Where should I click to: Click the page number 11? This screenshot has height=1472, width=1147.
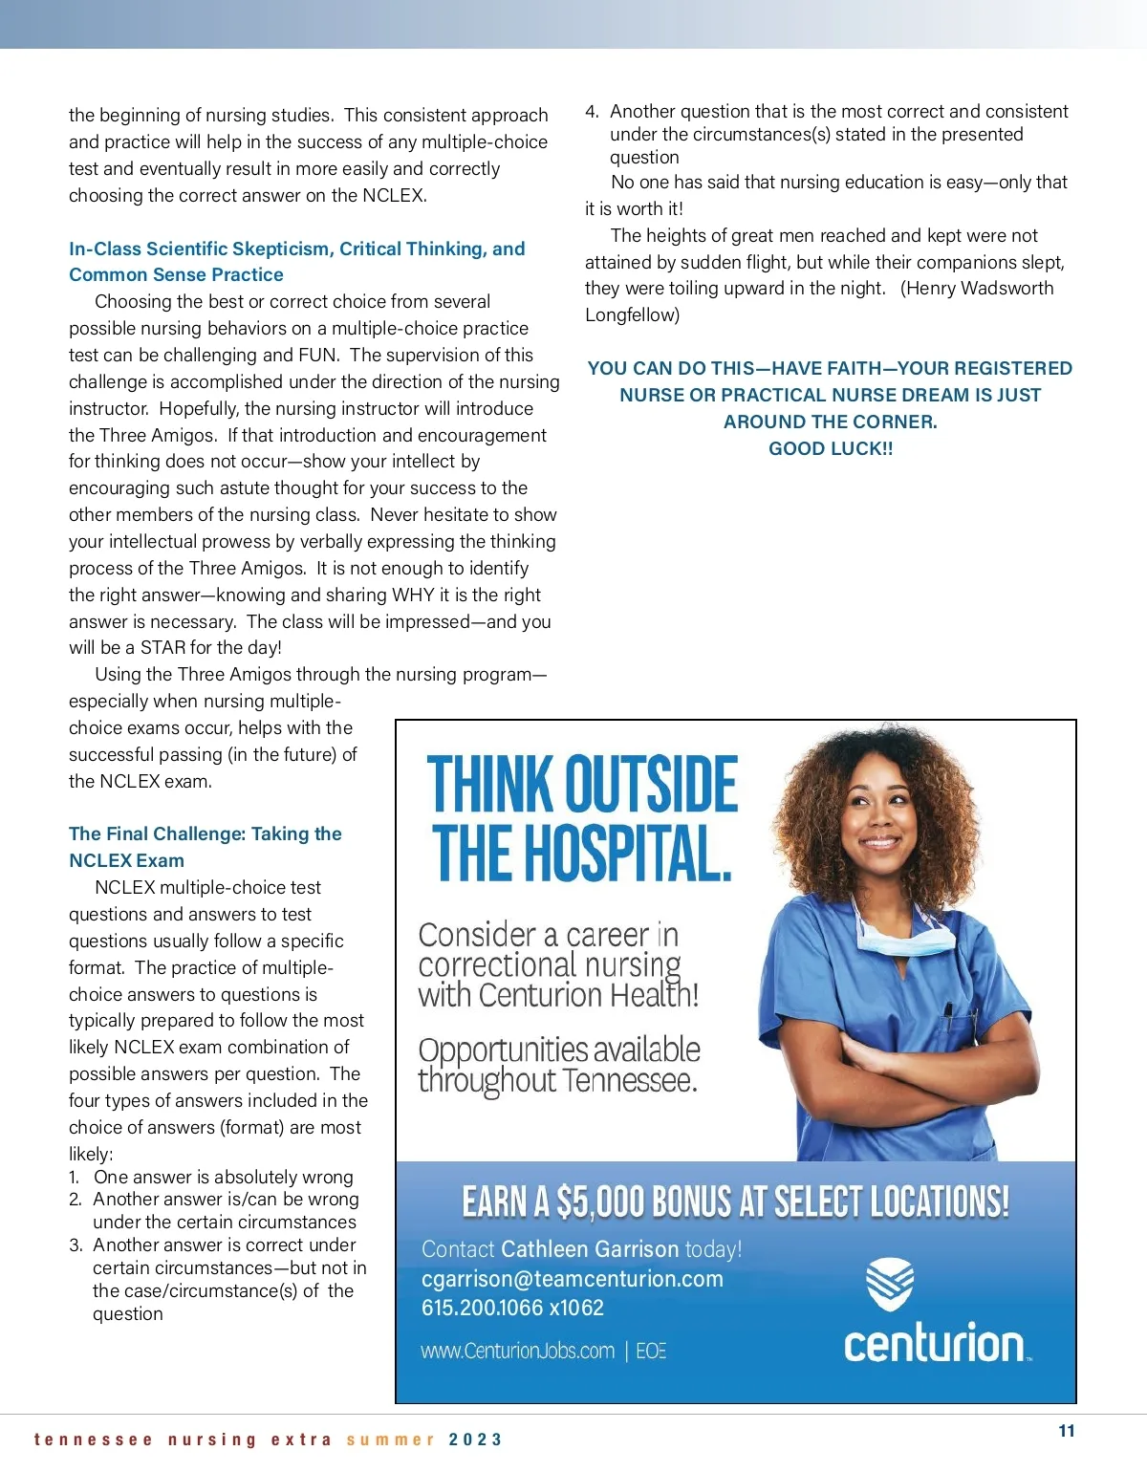(1067, 1431)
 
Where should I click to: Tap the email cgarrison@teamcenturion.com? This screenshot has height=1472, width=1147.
(572, 1279)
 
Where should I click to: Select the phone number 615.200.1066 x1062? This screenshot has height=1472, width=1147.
(512, 1308)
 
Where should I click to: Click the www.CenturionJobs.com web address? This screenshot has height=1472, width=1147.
(517, 1351)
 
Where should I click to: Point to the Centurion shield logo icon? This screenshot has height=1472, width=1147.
(890, 1284)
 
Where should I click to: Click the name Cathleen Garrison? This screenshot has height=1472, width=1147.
(590, 1249)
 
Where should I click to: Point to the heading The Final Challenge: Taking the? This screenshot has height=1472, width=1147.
(205, 833)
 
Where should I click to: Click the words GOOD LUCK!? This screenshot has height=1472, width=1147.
(831, 448)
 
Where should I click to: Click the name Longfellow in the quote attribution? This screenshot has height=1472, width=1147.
(632, 314)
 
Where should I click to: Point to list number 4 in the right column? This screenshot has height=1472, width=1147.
(592, 112)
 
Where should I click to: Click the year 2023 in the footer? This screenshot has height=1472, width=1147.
(475, 1440)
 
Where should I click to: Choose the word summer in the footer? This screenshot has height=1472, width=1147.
(390, 1440)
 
